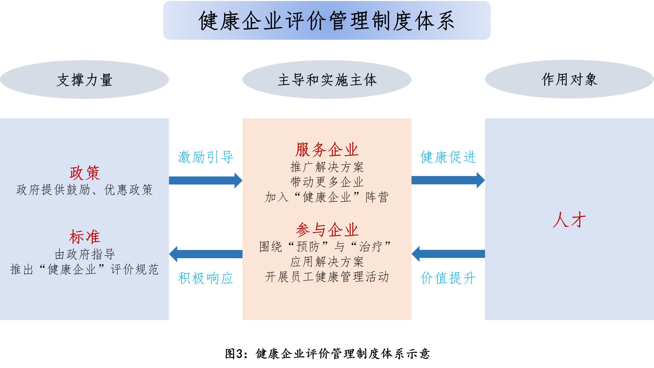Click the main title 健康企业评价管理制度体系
(x=327, y=21)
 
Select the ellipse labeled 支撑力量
(x=84, y=80)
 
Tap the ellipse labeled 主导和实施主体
(x=327, y=80)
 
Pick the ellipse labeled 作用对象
(x=569, y=79)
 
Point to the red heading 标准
(x=85, y=237)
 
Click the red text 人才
(x=569, y=220)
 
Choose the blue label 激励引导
(x=206, y=157)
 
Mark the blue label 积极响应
(x=206, y=278)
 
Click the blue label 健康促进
(x=448, y=157)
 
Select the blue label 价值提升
(x=448, y=278)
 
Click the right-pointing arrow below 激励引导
(x=206, y=180)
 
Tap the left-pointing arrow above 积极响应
(x=206, y=254)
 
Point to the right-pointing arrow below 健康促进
(x=448, y=180)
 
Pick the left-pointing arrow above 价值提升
(x=448, y=254)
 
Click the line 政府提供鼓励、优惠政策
(x=85, y=190)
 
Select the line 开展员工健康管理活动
(x=327, y=277)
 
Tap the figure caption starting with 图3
(x=327, y=354)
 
